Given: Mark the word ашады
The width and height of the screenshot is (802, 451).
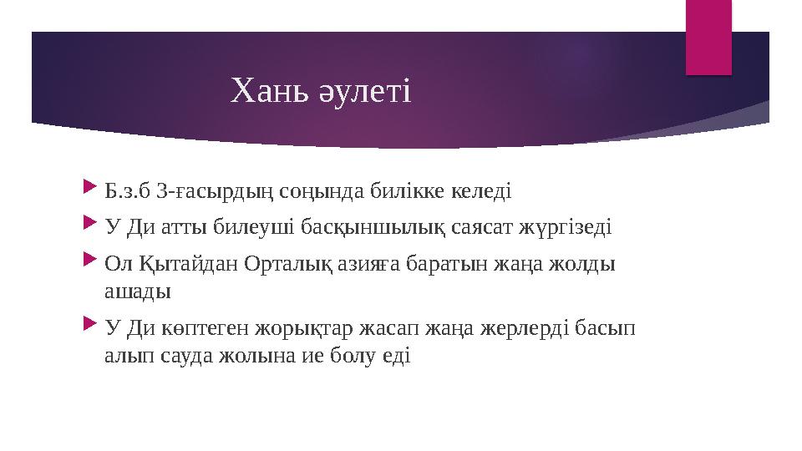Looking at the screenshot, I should coord(137,291).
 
